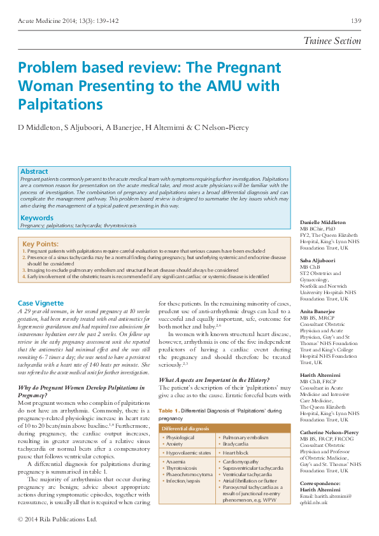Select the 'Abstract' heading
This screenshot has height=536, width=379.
[x=34, y=171]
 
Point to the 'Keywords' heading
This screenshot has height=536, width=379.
[x=37, y=218]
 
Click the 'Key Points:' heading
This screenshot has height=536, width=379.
[x=40, y=244]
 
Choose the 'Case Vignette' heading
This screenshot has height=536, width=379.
[x=41, y=303]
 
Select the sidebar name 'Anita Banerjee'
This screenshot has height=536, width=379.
[x=318, y=311]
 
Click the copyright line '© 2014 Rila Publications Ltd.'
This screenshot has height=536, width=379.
[x=57, y=519]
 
